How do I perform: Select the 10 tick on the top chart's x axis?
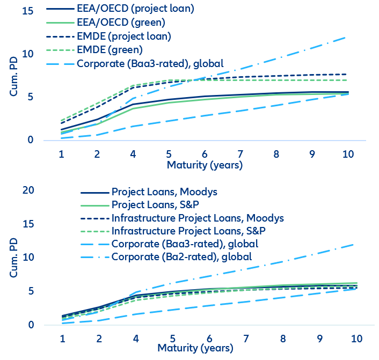point(348,155)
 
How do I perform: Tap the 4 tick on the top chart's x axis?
point(133,155)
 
